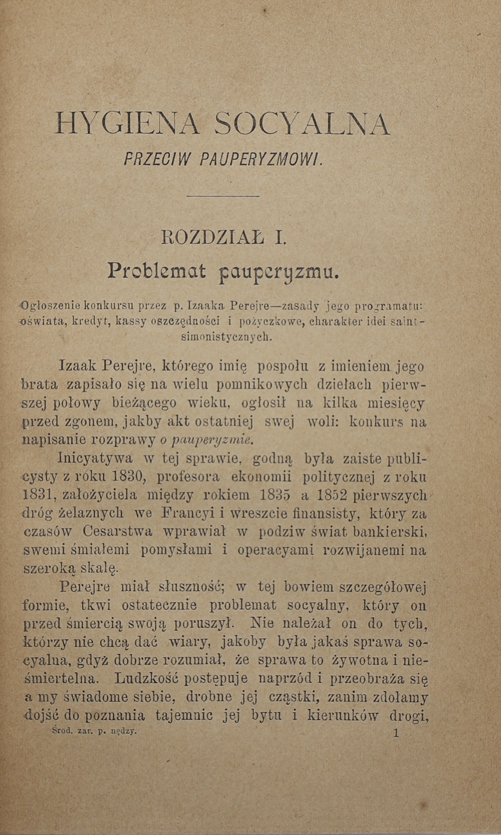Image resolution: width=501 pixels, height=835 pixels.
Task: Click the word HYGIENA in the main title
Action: point(127,124)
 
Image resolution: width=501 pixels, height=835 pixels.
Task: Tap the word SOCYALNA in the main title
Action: point(302,124)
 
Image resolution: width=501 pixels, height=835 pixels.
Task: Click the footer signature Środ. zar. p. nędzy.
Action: point(95,731)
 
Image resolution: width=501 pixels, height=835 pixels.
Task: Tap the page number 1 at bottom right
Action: point(397,733)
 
